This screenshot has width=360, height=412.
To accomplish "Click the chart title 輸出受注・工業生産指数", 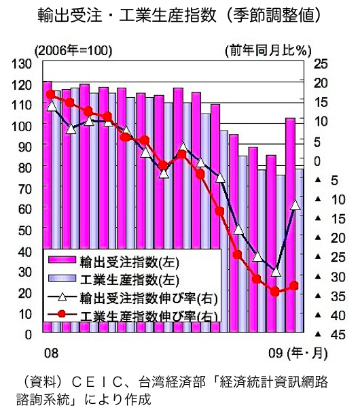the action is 127,15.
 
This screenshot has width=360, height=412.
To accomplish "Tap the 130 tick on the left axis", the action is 22,64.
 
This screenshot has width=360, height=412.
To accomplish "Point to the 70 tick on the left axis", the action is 25,188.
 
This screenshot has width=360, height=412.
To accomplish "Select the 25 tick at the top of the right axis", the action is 321,64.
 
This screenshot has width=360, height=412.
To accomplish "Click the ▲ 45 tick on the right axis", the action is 330,334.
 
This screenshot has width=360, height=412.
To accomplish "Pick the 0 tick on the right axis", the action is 317,160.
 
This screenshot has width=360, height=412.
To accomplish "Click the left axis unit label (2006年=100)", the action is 73,51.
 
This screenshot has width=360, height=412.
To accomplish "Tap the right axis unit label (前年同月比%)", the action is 268,50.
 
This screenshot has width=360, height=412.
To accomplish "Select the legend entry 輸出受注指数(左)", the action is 113,262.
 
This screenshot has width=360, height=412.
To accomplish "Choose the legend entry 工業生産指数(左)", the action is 113,279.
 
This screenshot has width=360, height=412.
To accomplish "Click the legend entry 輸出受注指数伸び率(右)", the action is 133,298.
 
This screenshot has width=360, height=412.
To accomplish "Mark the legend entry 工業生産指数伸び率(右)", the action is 133,315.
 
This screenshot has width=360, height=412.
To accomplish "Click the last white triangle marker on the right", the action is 295,205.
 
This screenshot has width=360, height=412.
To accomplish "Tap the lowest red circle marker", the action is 274,292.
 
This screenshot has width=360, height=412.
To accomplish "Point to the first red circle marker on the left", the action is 50,95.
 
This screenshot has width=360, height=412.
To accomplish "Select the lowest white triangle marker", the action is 276,272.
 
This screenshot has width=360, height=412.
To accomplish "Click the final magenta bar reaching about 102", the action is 290,225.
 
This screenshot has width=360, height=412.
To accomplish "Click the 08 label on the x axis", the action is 51,354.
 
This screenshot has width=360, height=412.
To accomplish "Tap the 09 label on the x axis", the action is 276,354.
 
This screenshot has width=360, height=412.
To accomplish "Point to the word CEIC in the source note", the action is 96,382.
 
